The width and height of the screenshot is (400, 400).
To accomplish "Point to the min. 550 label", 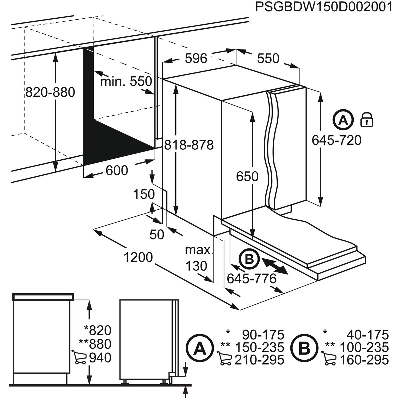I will [x=126, y=81].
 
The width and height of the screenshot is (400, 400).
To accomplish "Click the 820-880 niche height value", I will [x=50, y=92].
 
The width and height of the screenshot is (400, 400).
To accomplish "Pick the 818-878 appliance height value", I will [x=189, y=145].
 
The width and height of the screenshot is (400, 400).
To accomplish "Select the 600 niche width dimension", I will [x=117, y=171].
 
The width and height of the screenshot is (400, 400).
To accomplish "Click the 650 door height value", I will [x=247, y=176].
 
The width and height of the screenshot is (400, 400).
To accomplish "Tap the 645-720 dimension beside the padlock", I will [x=336, y=140].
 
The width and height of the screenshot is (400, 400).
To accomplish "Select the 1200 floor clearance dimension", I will [x=138, y=257].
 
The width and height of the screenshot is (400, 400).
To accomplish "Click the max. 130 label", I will [x=199, y=258].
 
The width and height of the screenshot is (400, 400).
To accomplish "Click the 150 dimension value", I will [x=144, y=194].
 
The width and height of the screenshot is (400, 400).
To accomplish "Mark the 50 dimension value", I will [x=157, y=235].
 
